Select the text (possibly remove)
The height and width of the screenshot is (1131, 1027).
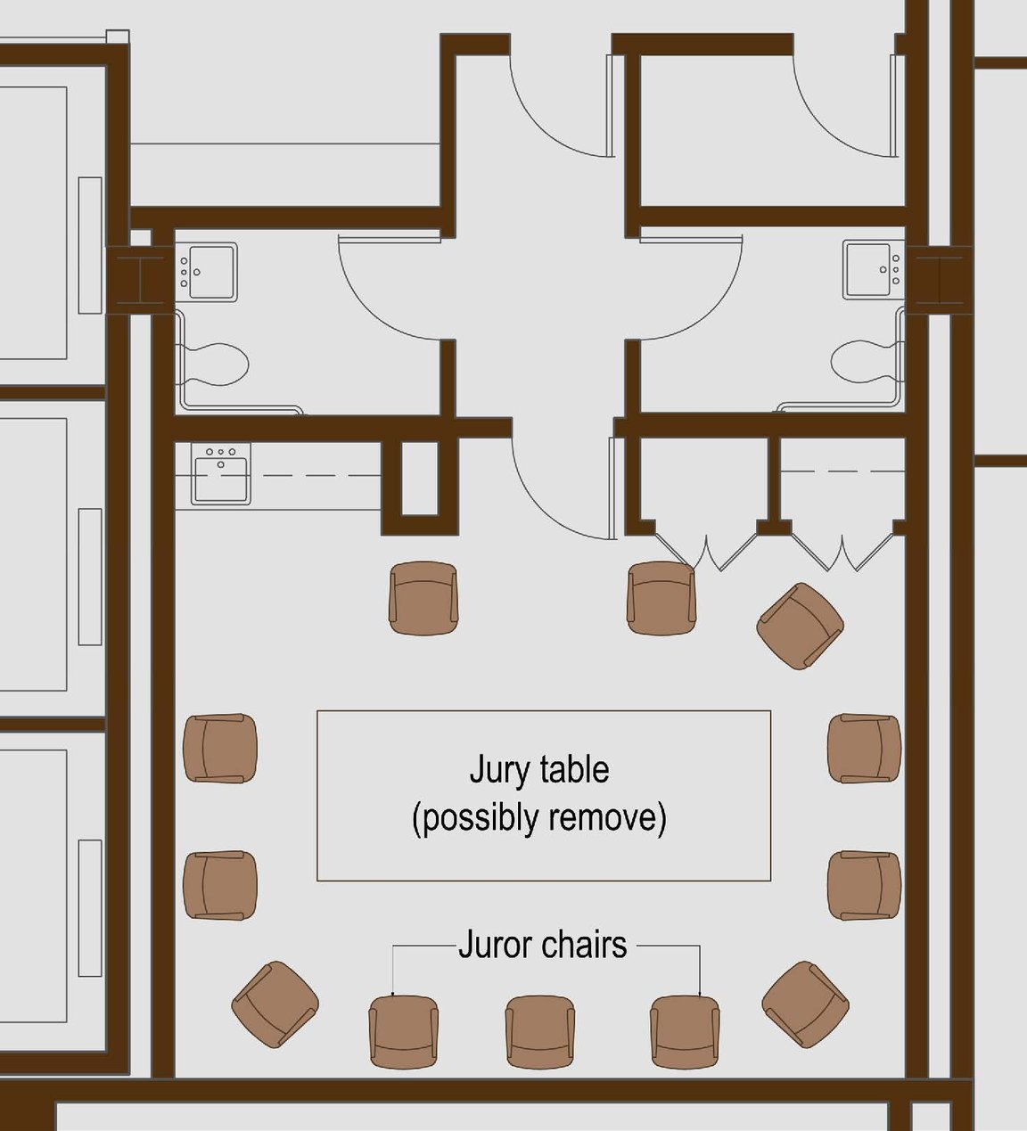539,817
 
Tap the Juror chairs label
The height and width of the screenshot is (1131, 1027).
542,945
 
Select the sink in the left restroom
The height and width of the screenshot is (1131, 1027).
210,272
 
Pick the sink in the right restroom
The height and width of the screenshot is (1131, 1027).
870,269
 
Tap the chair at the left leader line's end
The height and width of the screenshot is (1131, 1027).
403,1031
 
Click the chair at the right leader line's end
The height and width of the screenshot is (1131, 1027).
685,1031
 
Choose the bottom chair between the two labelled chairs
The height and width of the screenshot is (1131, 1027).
540,1031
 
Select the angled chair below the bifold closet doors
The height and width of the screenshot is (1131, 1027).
800,626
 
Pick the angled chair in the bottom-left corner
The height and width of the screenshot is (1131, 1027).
275,1004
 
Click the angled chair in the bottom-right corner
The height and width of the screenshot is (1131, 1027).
805,1004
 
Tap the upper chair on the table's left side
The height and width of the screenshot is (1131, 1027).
220,748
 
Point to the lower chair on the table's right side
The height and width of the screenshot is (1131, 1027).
864,885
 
